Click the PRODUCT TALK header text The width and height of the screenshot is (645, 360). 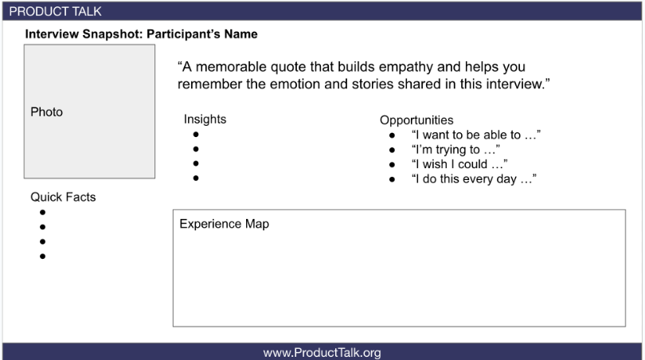(x=55, y=11)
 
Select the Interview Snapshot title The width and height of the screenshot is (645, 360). (x=141, y=33)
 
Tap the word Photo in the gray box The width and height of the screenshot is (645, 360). (x=46, y=112)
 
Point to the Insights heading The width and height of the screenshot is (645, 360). (x=205, y=119)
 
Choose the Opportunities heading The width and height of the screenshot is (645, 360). (x=416, y=120)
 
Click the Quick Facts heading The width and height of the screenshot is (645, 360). (x=63, y=197)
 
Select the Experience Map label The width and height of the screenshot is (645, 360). (x=225, y=224)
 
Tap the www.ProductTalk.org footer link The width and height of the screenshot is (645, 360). (x=322, y=353)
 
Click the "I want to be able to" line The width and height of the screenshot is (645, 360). (x=476, y=135)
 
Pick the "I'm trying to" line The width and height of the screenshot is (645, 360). (x=455, y=150)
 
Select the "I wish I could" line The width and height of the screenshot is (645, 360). (x=459, y=164)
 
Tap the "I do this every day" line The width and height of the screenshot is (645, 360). (x=474, y=179)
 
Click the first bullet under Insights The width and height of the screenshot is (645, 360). (x=196, y=135)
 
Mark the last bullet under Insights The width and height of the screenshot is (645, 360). (x=196, y=178)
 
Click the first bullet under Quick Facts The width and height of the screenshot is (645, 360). (x=42, y=213)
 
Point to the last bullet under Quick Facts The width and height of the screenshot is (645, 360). (x=42, y=256)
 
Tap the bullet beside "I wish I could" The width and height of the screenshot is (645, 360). (x=392, y=165)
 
